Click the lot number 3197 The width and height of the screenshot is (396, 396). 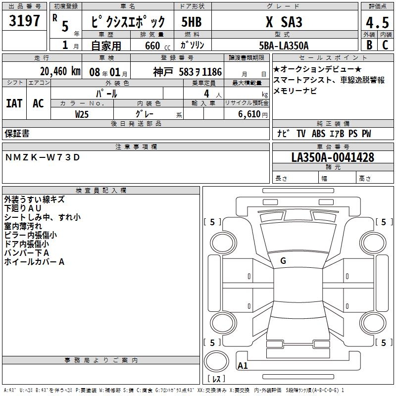point(24,21)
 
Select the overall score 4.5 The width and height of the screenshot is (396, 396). point(377,22)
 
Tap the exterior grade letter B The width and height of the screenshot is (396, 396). point(369,45)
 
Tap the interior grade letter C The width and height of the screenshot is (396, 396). point(385,45)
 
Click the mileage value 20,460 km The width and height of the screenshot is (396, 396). point(60,71)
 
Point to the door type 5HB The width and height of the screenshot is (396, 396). point(192,22)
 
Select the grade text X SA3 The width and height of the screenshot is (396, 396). point(284,22)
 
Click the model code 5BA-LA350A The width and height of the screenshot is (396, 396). point(284,46)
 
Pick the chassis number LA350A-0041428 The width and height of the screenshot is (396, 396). point(333,157)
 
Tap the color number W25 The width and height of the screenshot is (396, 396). point(82,114)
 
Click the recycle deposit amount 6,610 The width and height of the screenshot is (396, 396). point(249,114)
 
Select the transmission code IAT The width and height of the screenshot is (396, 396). point(14,103)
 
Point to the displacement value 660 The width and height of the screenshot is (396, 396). point(152,46)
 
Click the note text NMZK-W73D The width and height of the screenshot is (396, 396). point(43,157)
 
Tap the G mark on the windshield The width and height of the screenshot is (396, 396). point(283,261)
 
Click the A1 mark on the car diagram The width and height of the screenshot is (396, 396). point(243,365)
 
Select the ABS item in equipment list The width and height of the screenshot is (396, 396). point(318,133)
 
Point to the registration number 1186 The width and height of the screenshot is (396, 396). point(212,72)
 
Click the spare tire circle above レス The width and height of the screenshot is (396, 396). point(216,361)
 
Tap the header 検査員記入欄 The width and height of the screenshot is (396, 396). point(101,191)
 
